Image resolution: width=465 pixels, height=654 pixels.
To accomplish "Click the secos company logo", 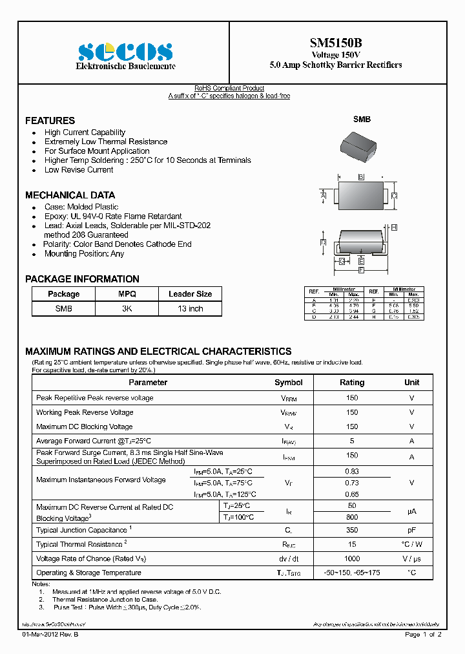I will pos(126,51).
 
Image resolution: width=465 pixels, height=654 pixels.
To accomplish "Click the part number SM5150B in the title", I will pos(335,43).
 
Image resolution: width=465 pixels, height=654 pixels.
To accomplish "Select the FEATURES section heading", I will pos(50,121).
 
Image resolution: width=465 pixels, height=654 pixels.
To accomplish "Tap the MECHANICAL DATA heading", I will pos(70,195).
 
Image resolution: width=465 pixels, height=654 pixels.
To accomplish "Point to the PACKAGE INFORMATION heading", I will pos(82,279).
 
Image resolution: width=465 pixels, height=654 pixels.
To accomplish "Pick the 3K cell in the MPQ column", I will pos(127,309).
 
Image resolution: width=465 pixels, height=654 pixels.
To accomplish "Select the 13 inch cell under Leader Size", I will pos(191,309).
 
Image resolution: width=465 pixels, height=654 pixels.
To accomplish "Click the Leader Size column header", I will pos(191,294).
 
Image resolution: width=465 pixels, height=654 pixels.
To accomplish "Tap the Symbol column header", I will pos(288,383).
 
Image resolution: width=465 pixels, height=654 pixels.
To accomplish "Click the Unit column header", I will pos(411,383).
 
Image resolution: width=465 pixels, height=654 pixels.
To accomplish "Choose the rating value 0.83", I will pos(352,472).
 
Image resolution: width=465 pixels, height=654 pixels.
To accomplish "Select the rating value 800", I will pos(352,518).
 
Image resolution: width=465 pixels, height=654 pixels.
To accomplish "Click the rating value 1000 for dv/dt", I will pos(352,559).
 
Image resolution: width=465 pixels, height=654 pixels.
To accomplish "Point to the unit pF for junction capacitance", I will pos(411,531).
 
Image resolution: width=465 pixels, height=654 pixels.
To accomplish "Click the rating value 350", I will pos(352,531).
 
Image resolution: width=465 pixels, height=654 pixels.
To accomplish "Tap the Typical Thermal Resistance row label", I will pos(81,544).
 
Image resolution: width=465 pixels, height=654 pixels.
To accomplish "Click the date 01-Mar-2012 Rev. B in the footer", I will pos(53,635).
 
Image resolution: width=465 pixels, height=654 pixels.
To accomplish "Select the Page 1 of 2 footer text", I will pos(423,635).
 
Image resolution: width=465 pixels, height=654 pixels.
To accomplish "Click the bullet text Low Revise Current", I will pos(79,170).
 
